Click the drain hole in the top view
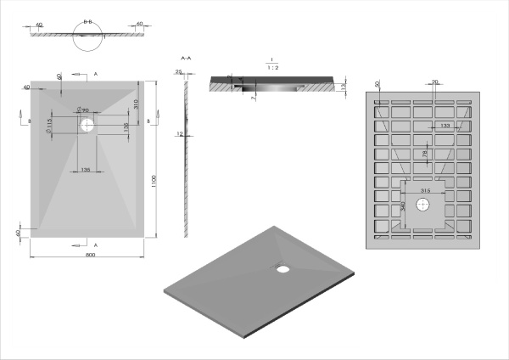88,124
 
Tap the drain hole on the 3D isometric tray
282,270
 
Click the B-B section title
88,16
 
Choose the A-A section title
186,57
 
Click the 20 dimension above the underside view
435,82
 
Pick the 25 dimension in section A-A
178,73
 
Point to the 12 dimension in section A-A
180,134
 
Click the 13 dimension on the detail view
342,87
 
